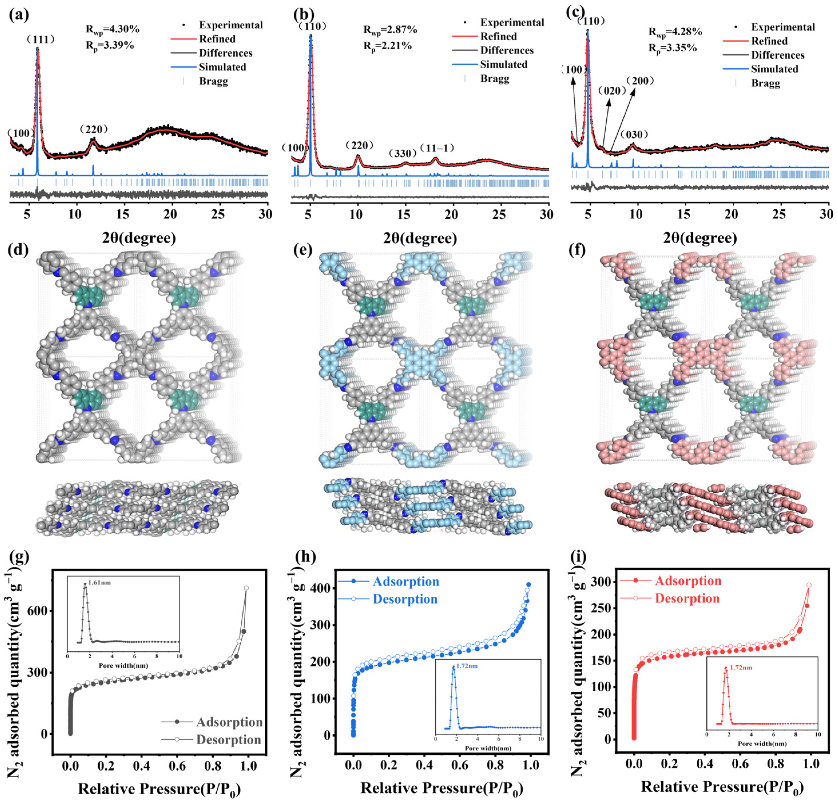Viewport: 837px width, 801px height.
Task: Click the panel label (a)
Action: [x=19, y=15]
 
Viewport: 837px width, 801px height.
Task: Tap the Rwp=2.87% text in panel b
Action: [x=390, y=29]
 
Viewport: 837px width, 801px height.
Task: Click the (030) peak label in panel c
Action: [x=634, y=135]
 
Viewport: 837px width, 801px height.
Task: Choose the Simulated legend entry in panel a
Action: [x=222, y=67]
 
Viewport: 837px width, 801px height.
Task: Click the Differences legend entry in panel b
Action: [x=507, y=50]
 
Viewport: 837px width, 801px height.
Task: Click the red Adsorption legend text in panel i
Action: [x=688, y=581]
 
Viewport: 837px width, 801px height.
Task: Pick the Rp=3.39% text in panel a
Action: [x=110, y=45]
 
